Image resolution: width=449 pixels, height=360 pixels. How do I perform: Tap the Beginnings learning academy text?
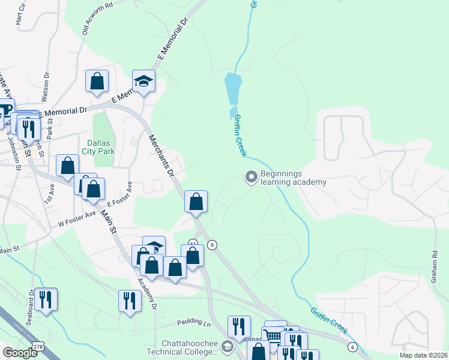tap(294, 178)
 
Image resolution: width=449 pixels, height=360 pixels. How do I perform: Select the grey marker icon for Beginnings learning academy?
tap(251, 177)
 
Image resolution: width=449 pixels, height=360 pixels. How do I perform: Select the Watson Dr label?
tap(46, 85)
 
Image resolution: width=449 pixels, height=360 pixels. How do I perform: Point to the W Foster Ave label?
tap(77, 217)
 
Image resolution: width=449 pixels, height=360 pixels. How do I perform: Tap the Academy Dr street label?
tap(147, 293)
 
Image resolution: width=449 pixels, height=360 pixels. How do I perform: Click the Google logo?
tap(20, 353)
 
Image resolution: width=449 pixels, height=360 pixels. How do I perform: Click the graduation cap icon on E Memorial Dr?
tap(143, 82)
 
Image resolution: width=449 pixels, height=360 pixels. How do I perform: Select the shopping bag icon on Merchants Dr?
tap(196, 202)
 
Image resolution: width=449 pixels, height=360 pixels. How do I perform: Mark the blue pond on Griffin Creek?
tap(232, 89)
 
